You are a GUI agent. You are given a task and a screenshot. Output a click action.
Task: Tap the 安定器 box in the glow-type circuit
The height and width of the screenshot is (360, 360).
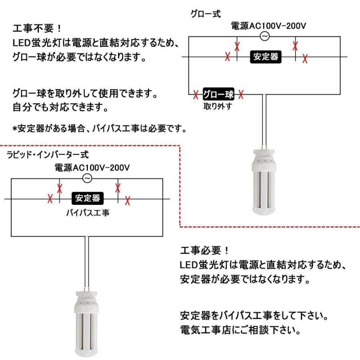[x=266, y=57]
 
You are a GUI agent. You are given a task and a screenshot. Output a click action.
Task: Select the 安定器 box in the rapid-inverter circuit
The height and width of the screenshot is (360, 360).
[x=88, y=198]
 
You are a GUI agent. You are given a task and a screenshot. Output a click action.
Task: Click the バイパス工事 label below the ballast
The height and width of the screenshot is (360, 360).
[x=88, y=212]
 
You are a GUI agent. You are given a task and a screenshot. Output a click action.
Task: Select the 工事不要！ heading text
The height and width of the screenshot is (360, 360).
[x=36, y=29]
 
